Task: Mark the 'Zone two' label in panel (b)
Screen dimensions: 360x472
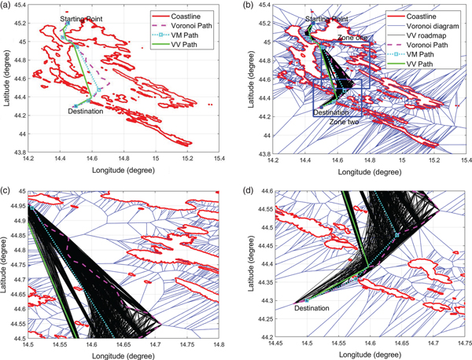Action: (x=345, y=123)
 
